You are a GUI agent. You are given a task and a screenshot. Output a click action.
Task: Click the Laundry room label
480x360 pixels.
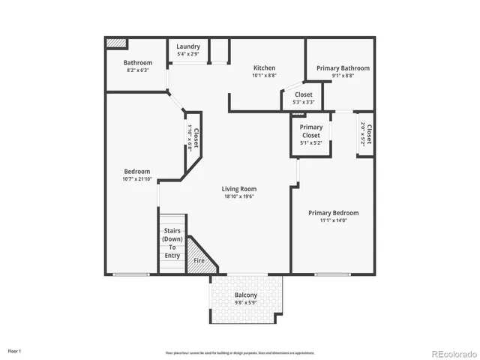point(188,46)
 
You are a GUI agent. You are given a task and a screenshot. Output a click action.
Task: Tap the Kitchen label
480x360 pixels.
point(264,67)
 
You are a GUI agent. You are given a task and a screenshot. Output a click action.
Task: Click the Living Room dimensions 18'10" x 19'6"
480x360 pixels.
point(239,196)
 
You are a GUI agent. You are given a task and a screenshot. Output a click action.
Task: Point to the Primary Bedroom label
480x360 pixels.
point(334,212)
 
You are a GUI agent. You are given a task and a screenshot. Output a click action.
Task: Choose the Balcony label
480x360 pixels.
point(245,295)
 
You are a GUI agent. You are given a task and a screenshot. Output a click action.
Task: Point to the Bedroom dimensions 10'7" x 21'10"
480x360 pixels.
point(137,179)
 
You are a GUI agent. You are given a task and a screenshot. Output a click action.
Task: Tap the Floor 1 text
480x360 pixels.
point(15,351)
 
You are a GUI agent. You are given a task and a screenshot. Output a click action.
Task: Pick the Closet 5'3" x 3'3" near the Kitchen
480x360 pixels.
point(303,98)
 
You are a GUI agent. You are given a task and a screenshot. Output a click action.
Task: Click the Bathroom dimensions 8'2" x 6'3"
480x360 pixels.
point(138,70)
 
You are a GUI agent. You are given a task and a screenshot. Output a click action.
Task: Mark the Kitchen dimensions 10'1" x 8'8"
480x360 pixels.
point(264,76)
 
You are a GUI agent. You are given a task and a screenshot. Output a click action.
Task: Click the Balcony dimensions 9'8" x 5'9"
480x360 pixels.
point(245,303)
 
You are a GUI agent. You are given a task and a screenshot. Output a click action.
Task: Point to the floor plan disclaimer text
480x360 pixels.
point(240,352)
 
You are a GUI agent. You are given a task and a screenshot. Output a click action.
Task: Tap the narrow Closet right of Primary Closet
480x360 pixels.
point(365,133)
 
